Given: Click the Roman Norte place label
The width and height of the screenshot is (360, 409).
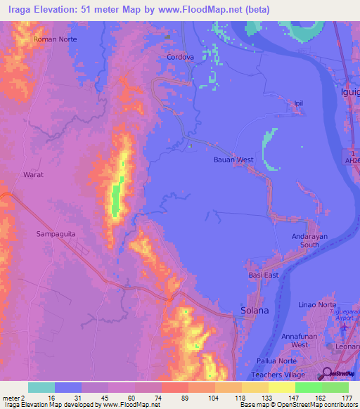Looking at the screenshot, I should pos(55,39).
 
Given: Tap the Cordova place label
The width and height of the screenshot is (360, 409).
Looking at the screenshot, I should pos(180,57).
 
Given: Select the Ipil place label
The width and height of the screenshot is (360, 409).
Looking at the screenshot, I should pos(300,103).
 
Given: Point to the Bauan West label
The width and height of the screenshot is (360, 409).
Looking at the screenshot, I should pos(233,160).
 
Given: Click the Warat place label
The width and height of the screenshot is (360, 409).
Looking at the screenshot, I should pos(34,174).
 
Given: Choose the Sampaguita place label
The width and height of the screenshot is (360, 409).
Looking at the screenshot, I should pos(55,231).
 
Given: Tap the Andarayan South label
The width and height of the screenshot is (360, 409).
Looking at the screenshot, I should pos(310,241).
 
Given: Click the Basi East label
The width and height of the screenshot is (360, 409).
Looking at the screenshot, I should pos(264,275).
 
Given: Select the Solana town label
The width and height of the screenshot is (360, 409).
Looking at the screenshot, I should pos(255,310).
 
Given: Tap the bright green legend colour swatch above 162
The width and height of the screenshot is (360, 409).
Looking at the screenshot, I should pos(308,387).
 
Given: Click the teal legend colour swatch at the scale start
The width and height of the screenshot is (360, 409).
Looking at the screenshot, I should pos(41,387).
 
